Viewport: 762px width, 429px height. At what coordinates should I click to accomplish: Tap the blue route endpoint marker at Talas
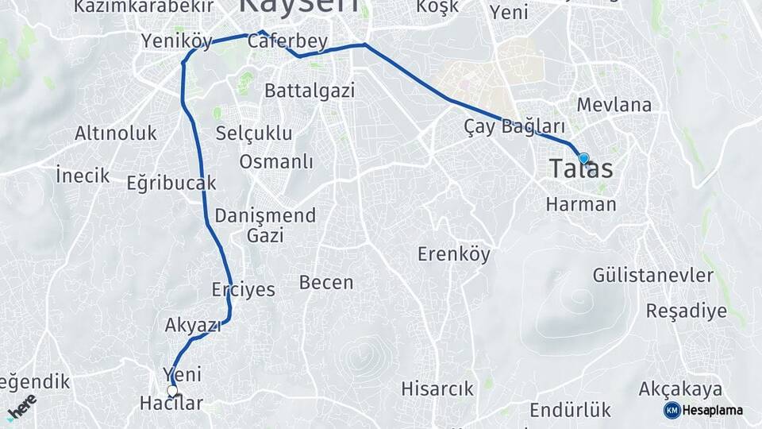583,159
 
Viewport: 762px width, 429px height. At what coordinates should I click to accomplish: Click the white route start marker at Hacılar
172,390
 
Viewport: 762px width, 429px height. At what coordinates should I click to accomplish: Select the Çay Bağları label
514,126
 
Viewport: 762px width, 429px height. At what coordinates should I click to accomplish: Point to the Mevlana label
614,105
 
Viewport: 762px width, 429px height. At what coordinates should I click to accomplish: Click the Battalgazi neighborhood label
310,90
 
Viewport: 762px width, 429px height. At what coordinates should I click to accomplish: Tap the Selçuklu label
254,133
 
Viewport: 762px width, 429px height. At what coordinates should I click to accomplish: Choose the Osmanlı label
276,162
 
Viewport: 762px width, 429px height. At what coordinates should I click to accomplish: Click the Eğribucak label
171,184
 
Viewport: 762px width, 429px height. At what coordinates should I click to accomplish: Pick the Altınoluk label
116,133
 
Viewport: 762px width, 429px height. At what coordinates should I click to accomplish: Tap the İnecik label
83,175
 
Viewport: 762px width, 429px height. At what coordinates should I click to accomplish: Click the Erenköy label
454,254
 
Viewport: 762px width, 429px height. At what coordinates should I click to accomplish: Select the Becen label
326,282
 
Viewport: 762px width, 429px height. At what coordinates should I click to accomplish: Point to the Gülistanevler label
653,275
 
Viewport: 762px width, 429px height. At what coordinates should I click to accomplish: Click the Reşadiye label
686,311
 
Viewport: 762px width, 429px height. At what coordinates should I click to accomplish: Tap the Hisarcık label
437,389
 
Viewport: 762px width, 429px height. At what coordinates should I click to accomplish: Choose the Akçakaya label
680,389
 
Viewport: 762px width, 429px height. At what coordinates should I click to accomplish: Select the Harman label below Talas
581,204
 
